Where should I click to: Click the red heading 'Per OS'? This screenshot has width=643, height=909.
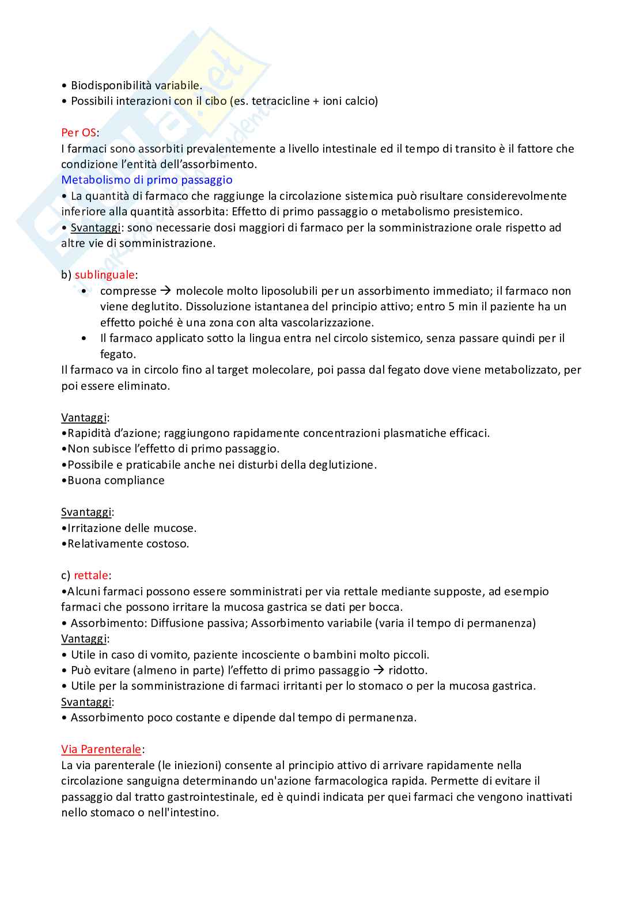point(78,132)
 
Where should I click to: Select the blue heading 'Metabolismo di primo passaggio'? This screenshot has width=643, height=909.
point(146,180)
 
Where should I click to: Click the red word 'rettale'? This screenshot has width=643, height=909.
point(91,575)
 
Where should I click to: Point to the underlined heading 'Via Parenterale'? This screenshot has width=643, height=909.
point(101,749)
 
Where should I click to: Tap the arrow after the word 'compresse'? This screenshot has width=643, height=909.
point(166,291)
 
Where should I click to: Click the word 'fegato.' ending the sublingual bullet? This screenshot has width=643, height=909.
point(118,354)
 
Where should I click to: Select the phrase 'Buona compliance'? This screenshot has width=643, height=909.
point(116,480)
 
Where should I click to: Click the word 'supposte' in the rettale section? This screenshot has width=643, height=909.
point(459,591)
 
